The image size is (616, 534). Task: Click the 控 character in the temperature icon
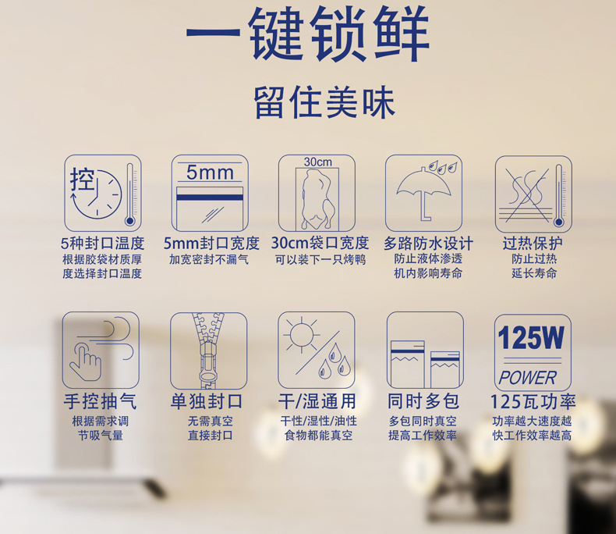(x=82, y=179)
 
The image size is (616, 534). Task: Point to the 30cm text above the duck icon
(x=317, y=162)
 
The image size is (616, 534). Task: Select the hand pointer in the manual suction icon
(x=87, y=359)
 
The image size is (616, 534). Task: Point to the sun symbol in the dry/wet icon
(x=301, y=335)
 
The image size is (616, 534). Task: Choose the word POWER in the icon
(x=528, y=378)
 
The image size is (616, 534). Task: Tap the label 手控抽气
(x=101, y=401)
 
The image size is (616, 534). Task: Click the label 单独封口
(x=208, y=401)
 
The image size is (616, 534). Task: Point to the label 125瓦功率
(x=533, y=401)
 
